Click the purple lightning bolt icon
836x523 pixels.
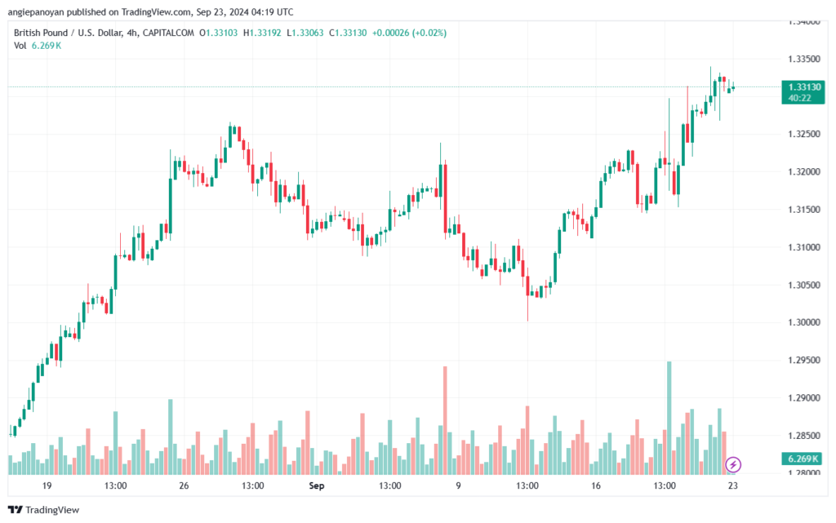(733, 464)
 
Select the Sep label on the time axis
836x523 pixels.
(318, 485)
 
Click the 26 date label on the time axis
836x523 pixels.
(184, 485)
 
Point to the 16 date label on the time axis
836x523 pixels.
(595, 485)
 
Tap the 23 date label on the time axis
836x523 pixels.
(733, 485)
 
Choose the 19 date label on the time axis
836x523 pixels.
(47, 485)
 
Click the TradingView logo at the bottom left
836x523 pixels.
(46, 510)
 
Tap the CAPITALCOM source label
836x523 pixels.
(171, 33)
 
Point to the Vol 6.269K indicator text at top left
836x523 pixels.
(38, 45)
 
